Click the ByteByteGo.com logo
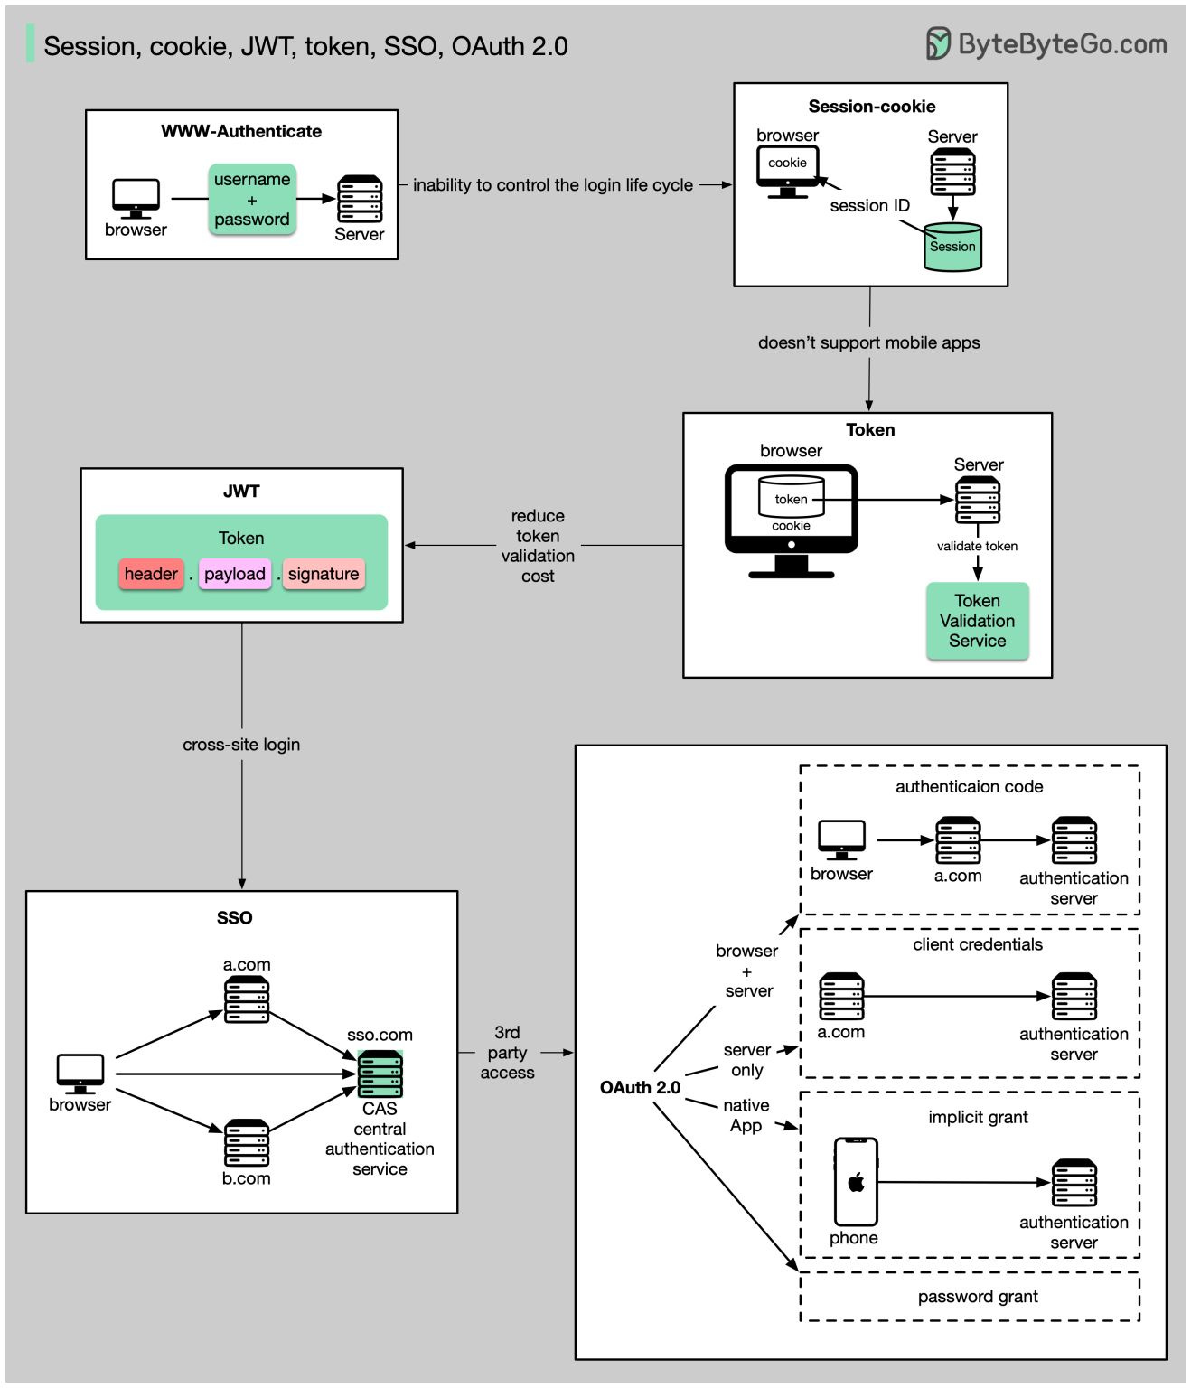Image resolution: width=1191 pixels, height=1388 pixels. [1046, 43]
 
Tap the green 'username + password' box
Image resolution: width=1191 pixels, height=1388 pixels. [252, 200]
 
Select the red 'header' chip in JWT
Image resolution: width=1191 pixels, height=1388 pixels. [151, 574]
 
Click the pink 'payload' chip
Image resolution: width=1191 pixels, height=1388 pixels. [235, 574]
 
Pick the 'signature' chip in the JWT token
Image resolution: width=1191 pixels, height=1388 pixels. [324, 574]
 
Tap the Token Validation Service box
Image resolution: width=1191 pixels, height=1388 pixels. [977, 621]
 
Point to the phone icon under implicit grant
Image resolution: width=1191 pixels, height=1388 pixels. [855, 1181]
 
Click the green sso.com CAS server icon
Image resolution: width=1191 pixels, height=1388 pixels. [380, 1074]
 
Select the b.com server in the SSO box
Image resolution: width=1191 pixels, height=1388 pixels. [247, 1143]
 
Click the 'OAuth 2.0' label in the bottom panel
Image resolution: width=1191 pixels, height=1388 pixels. [640, 1087]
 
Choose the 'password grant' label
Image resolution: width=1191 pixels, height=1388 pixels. [978, 1297]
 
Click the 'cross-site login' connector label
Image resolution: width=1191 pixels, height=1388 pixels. [241, 745]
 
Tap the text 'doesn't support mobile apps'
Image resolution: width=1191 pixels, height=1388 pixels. [868, 342]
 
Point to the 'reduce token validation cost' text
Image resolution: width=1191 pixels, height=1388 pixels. [538, 546]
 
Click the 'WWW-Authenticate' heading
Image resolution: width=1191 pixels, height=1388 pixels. [241, 131]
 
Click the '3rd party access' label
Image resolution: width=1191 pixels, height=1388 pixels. [507, 1053]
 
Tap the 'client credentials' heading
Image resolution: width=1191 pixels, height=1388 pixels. [977, 944]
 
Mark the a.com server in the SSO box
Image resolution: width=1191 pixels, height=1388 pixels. [247, 999]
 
